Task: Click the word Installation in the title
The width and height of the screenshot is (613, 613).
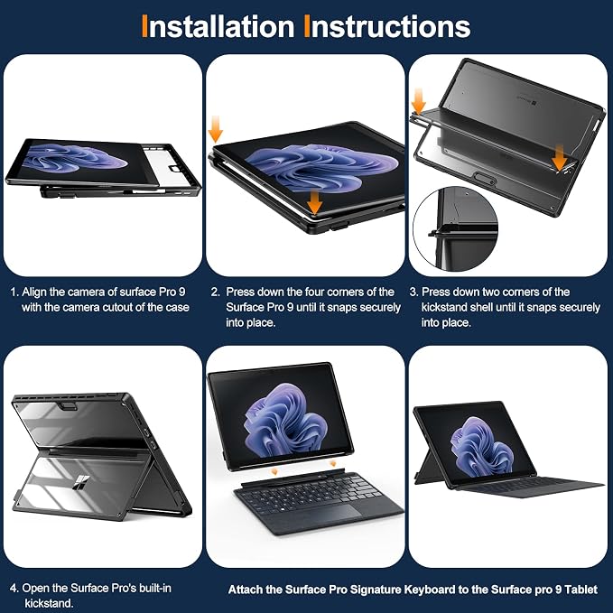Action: coord(218,26)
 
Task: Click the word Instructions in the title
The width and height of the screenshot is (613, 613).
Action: coord(387,26)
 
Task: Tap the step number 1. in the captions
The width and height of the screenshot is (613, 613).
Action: coord(14,292)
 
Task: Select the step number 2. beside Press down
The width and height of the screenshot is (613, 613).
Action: coord(216,292)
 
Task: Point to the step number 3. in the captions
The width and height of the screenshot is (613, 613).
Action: coord(414,292)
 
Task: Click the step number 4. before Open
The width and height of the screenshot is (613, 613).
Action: coord(14,588)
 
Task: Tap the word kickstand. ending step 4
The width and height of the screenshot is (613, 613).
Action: coord(49,603)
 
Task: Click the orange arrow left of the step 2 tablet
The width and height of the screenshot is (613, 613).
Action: coord(216,129)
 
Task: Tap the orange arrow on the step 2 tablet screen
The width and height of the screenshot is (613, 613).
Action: coord(315,202)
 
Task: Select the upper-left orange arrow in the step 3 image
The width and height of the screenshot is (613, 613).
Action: coord(418,101)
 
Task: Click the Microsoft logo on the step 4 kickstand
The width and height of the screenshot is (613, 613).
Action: coord(82,481)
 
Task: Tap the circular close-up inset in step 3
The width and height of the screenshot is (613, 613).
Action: coord(455,229)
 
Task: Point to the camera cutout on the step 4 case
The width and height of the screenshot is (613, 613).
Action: coord(69,406)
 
